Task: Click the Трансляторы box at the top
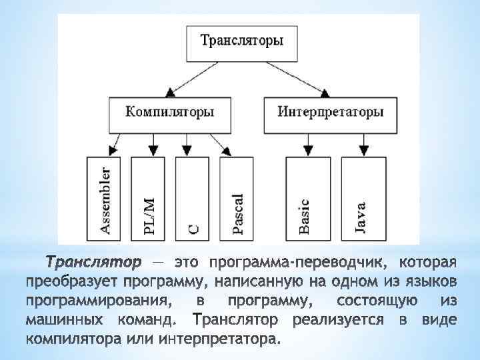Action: (x=242, y=41)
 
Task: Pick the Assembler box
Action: (x=105, y=197)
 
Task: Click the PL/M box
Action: (x=150, y=197)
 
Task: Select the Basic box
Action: (x=304, y=197)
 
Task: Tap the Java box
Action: (x=361, y=197)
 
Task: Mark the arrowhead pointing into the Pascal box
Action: (x=227, y=151)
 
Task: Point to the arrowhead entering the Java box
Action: (x=361, y=152)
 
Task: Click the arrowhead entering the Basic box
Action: (x=308, y=152)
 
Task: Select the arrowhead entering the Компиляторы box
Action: (x=171, y=91)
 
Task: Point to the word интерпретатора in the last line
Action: (x=217, y=338)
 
